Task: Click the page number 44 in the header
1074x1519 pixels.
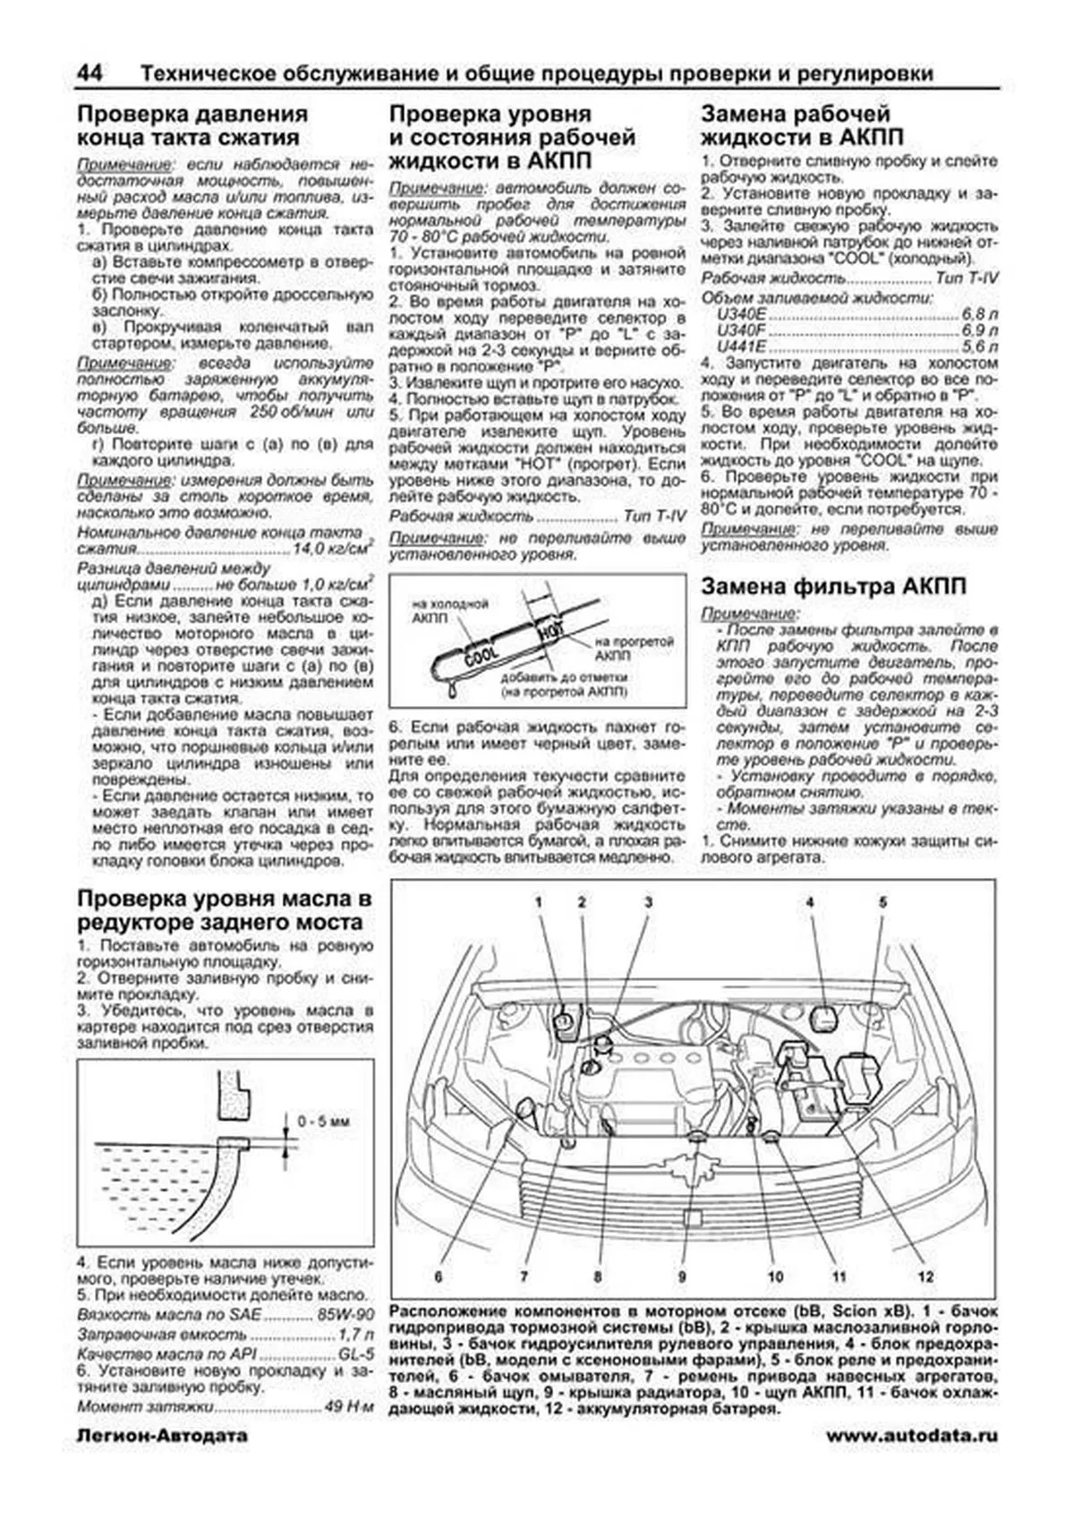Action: (x=89, y=73)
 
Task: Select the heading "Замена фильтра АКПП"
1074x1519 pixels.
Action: (x=833, y=587)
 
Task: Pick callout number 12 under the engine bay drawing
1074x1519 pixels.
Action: (x=925, y=1276)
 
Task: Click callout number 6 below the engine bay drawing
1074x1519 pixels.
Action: (x=439, y=1276)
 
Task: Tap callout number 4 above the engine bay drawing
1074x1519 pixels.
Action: (x=809, y=902)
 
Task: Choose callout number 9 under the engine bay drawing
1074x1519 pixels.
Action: (x=682, y=1276)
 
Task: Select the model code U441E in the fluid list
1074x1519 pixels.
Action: (x=735, y=347)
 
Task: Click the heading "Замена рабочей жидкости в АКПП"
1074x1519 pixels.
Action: (x=802, y=125)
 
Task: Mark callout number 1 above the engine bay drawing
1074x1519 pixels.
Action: (x=540, y=902)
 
